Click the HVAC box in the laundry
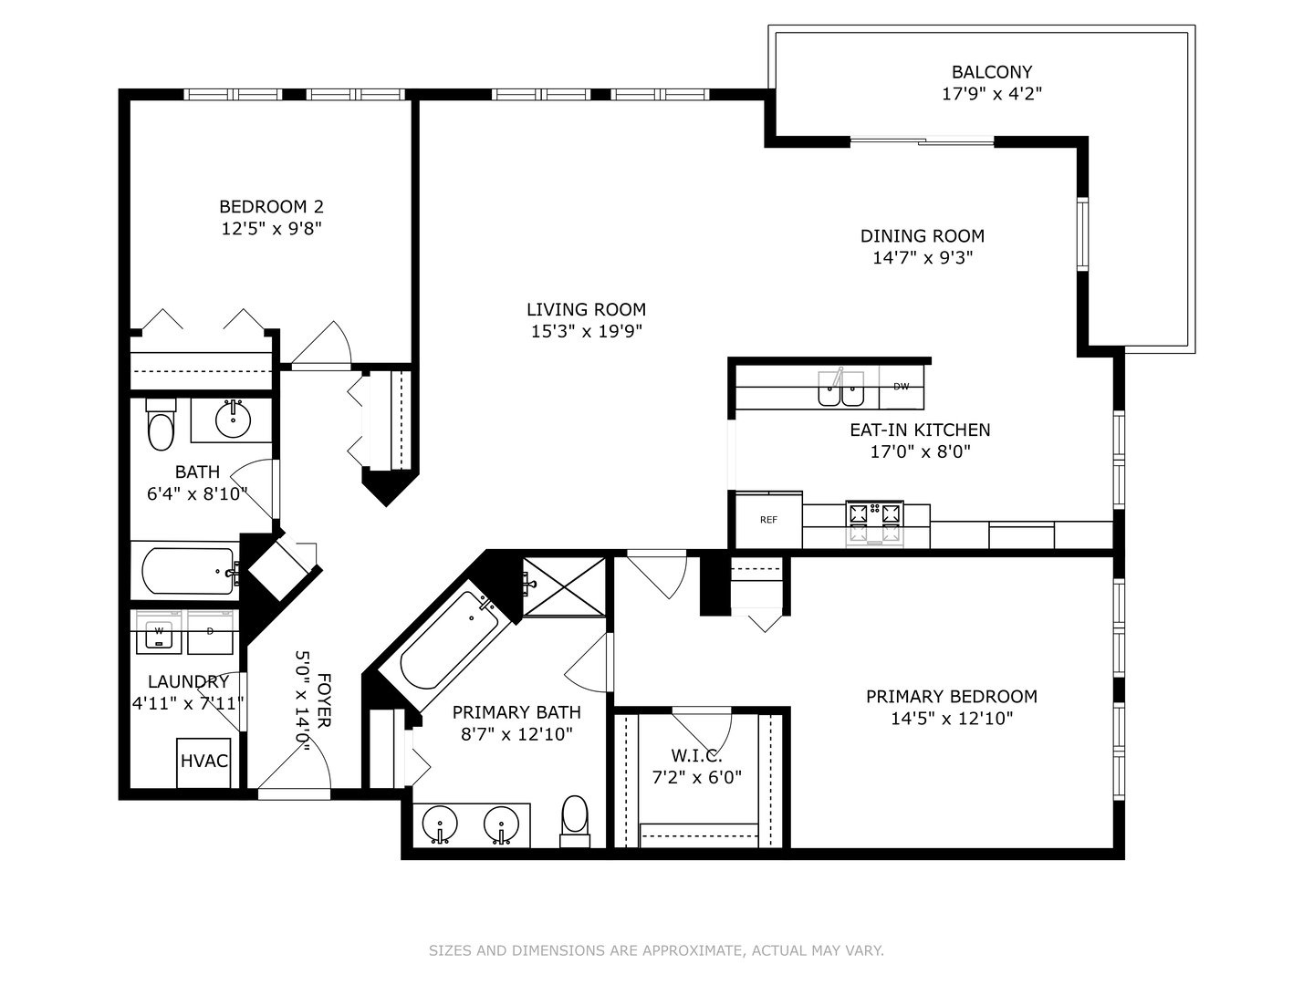pos(203,762)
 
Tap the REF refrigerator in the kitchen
pos(768,520)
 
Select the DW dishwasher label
pos(901,387)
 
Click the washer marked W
pos(159,632)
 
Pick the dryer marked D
pos(210,632)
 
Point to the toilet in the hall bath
pos(161,425)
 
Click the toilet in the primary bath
pos(575,821)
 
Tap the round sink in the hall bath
pos(233,420)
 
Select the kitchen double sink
pos(841,389)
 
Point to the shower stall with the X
pos(564,586)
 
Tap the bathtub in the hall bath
pos(187,571)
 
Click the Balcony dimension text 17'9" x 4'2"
pos(992,94)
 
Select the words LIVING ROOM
pos(586,309)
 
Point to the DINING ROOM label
pos(923,235)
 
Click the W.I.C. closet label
pos(697,755)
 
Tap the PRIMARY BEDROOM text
pos(952,696)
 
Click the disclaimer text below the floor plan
pos(656,950)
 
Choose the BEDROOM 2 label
pos(271,206)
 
